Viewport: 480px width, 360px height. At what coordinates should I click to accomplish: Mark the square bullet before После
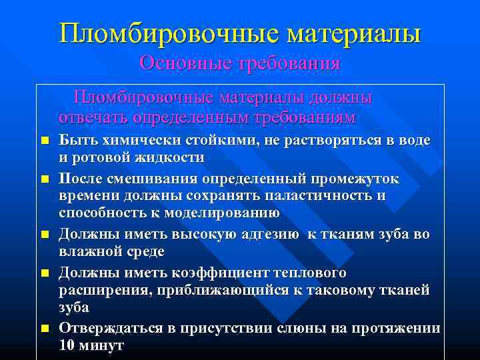[x=45, y=179]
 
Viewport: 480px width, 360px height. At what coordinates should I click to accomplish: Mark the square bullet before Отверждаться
[x=45, y=329]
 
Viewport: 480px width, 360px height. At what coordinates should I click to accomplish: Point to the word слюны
[x=301, y=328]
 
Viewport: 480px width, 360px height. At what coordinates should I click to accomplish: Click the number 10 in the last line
[x=67, y=345]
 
